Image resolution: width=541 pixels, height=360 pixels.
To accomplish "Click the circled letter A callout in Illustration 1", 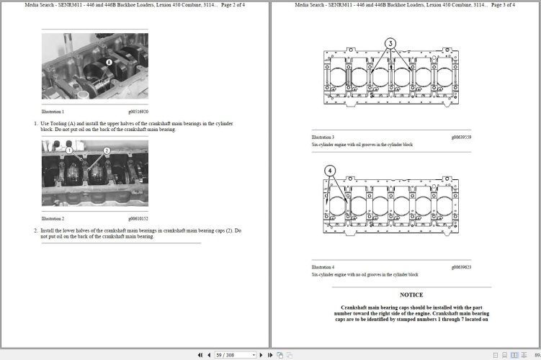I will (x=109, y=62).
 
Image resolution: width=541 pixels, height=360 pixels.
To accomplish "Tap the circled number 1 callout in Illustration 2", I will (x=70, y=150).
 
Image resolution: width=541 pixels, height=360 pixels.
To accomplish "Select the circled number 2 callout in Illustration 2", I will (x=106, y=150).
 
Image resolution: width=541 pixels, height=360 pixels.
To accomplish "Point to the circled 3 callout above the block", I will (x=390, y=43).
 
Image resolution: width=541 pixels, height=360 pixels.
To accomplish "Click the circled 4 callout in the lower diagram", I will (x=330, y=171).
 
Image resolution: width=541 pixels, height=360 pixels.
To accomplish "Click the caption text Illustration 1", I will (x=53, y=112).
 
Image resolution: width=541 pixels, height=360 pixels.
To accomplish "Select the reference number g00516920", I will (x=138, y=112).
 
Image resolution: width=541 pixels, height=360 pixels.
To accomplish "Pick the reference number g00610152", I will (x=138, y=218).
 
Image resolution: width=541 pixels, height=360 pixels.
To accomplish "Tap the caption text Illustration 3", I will (x=323, y=137).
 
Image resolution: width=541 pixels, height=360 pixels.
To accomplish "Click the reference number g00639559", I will (x=461, y=137).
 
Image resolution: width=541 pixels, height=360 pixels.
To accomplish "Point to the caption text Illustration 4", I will (x=323, y=267).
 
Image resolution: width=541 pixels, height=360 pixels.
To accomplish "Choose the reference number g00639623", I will (x=461, y=267).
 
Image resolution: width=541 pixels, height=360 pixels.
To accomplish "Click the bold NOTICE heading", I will (x=411, y=294).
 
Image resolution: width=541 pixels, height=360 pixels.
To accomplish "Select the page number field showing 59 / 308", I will (x=235, y=355).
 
